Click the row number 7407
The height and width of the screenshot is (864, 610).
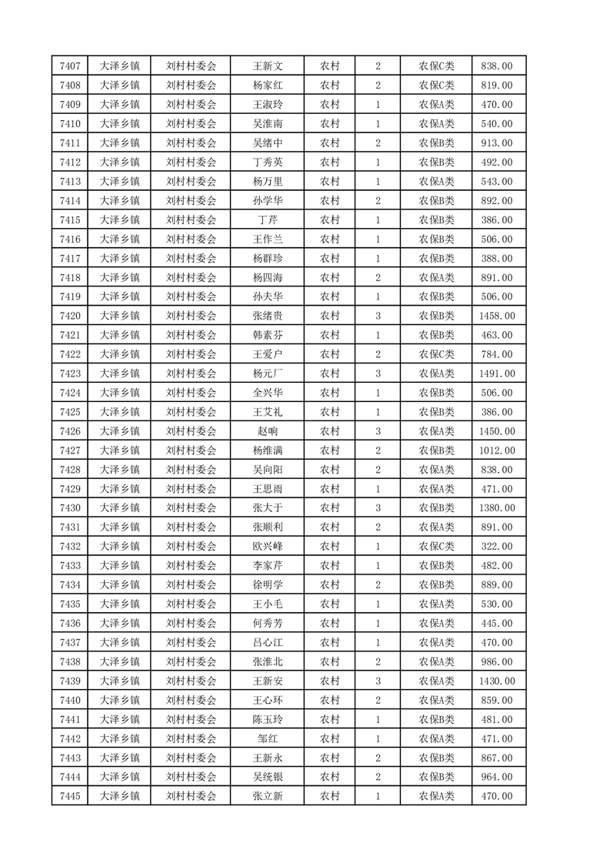[69, 66]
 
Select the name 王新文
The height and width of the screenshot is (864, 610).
[268, 66]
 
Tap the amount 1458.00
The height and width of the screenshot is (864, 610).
[497, 316]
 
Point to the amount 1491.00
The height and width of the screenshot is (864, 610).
[497, 373]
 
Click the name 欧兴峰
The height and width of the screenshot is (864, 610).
[268, 546]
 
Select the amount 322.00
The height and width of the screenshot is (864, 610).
[497, 546]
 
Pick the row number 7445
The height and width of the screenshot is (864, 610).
[69, 795]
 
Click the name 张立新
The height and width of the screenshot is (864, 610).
[268, 795]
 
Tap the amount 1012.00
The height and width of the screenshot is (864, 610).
[497, 450]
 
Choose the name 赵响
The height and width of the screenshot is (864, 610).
[268, 431]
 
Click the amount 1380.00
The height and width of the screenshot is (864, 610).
[497, 507]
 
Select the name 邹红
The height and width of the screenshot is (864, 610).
[268, 738]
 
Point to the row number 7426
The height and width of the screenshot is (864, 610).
[69, 431]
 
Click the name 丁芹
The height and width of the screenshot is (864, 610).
[268, 219]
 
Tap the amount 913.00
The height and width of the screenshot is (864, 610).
[497, 142]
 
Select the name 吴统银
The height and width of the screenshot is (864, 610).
[268, 776]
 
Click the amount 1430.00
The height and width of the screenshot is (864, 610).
[497, 681]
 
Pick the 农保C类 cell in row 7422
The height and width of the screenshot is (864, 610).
[436, 354]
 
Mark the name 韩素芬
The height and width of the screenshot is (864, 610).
[268, 335]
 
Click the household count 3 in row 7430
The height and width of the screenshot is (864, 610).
[378, 507]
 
